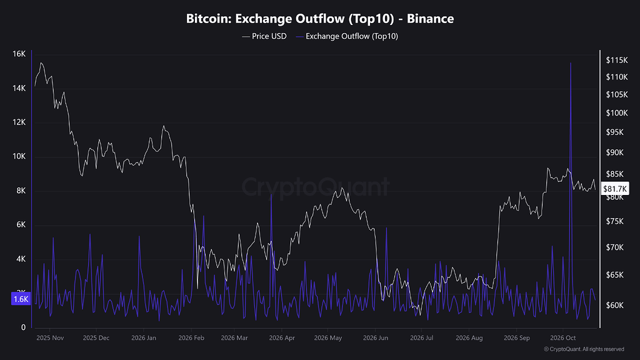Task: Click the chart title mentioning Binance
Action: [x=320, y=18]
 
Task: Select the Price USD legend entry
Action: [x=264, y=36]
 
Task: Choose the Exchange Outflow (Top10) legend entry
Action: [x=347, y=36]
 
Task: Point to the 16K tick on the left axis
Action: [x=19, y=54]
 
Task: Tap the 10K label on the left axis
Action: [x=19, y=156]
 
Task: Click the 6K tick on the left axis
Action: [x=21, y=224]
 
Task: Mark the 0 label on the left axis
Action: [x=23, y=327]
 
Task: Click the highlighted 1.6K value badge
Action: [x=21, y=299]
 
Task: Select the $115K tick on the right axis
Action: [x=617, y=60]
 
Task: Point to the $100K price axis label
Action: [x=617, y=112]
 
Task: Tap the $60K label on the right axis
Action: [x=615, y=305]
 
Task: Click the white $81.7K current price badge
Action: [x=615, y=189]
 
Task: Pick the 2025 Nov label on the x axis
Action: [x=50, y=338]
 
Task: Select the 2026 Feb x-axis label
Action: [x=191, y=338]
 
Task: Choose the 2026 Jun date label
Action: [x=376, y=338]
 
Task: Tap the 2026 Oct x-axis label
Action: [x=563, y=338]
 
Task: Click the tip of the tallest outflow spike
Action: [x=571, y=63]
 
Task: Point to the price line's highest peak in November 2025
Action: [x=41, y=63]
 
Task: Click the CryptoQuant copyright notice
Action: [x=584, y=349]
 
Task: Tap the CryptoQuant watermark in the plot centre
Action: [x=316, y=187]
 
